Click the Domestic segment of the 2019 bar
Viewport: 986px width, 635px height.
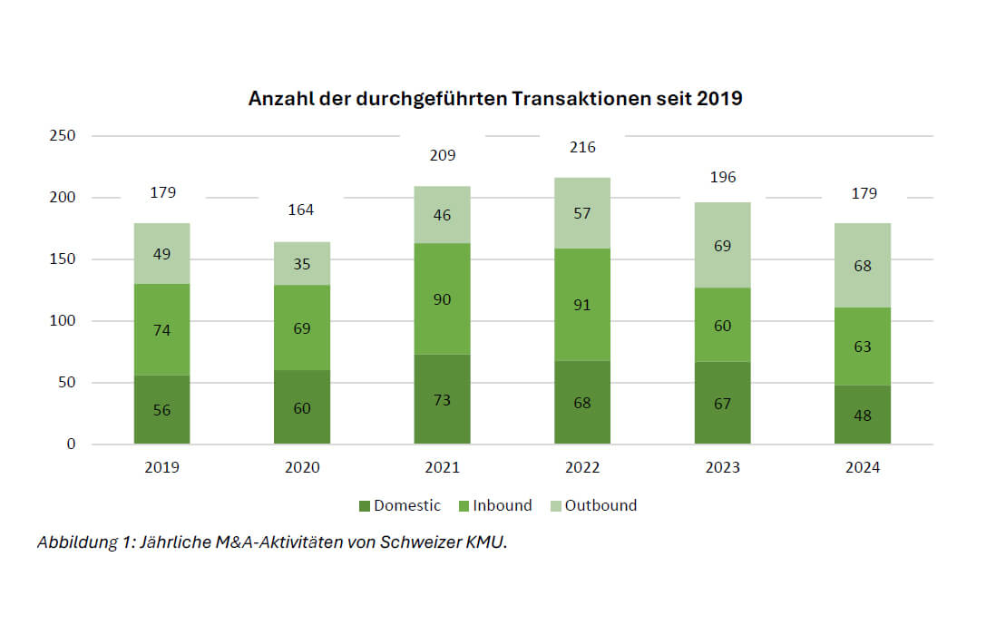coord(161,409)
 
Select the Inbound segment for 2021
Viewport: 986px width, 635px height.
coord(442,298)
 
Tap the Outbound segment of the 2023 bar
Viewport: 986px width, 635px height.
coord(722,245)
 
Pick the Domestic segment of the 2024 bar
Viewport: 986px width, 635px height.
coord(863,415)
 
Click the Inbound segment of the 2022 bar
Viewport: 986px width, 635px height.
coord(582,305)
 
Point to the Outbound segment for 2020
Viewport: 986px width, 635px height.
coord(302,263)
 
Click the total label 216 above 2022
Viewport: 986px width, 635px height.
coord(582,147)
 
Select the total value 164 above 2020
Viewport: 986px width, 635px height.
coord(301,210)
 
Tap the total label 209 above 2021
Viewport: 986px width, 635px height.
coord(442,155)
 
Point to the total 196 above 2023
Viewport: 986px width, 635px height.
coord(723,177)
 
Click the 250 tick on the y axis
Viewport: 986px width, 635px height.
coord(64,136)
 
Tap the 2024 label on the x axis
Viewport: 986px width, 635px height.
coord(863,468)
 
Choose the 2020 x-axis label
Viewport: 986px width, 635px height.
coord(301,468)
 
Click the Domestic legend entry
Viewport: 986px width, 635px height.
coord(399,505)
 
